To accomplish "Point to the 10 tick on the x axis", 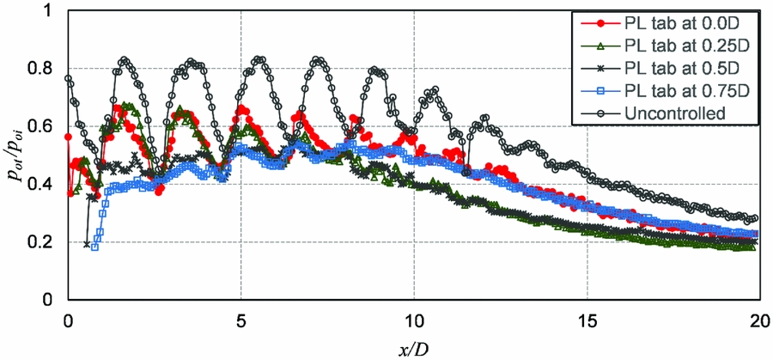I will coord(414,316).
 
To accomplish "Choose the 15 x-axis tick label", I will coord(587,316).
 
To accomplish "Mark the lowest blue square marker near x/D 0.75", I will coord(94,247).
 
